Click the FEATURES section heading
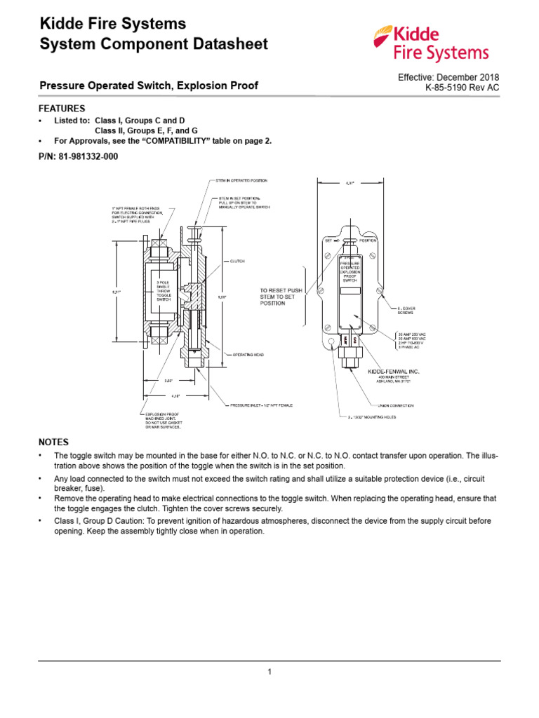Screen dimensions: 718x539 click(x=62, y=109)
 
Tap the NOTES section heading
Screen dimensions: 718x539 click(x=53, y=442)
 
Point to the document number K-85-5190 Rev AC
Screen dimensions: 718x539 click(x=463, y=88)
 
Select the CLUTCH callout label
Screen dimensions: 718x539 click(x=237, y=261)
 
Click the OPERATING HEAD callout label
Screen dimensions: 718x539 click(x=247, y=355)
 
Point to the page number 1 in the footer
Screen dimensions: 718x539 click(x=269, y=672)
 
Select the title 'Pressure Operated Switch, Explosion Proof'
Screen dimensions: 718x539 click(x=148, y=86)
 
